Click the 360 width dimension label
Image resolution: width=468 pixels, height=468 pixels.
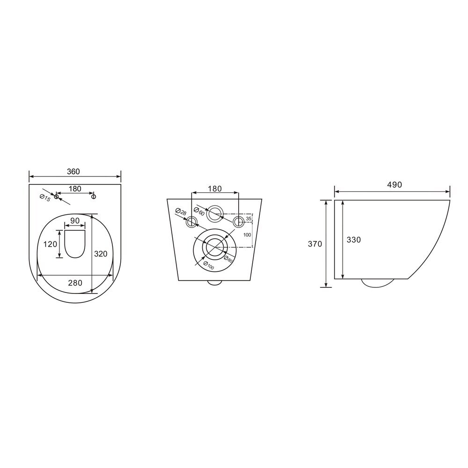(x=73, y=172)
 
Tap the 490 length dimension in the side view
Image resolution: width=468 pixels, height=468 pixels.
(x=395, y=185)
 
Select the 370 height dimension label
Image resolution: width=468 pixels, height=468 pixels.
(x=315, y=244)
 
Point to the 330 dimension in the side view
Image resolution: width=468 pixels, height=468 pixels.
(x=354, y=240)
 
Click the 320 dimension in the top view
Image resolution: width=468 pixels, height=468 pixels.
(x=101, y=254)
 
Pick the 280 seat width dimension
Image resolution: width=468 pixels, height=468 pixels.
(x=75, y=282)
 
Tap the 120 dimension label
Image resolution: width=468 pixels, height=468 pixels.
(x=50, y=244)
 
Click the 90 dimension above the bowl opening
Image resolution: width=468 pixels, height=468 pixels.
(x=75, y=220)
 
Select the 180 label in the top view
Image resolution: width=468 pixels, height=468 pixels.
(x=75, y=189)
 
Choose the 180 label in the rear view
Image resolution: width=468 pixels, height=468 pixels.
(x=215, y=189)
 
